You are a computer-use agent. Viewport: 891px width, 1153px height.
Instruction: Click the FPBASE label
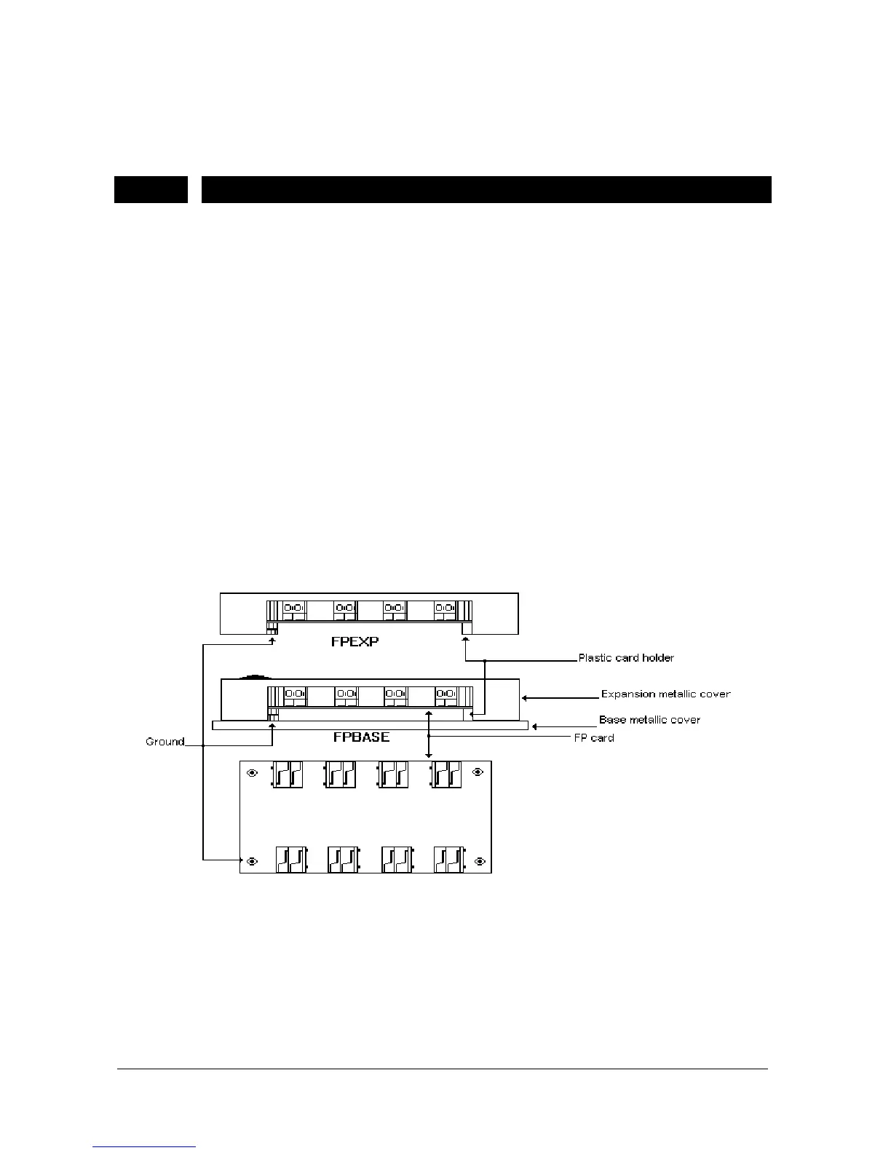(356, 737)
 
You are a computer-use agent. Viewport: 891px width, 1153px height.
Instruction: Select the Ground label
(165, 742)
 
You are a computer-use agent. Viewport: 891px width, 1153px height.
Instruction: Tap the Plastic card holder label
(626, 658)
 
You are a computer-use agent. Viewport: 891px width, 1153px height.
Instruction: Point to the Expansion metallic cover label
(665, 694)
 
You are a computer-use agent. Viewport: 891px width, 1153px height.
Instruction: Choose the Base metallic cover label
(649, 720)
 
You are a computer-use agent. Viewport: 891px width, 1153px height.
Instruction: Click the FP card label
(593, 738)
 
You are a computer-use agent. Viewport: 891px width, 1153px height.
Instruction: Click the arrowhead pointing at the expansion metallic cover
(524, 697)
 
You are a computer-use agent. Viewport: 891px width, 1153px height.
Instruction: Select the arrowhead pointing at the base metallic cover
(536, 726)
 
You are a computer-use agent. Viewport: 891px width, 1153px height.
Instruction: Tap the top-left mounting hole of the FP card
(252, 773)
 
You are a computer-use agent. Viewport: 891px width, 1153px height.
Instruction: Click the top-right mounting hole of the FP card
(478, 773)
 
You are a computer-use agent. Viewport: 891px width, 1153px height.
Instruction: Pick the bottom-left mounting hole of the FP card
(252, 861)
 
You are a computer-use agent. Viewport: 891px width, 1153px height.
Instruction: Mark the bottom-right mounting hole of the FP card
(479, 861)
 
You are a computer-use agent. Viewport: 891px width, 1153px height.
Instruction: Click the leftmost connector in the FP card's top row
(286, 774)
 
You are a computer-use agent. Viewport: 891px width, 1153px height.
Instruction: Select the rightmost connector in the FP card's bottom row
(448, 859)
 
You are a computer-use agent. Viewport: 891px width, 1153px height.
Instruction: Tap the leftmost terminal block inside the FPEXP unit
(294, 610)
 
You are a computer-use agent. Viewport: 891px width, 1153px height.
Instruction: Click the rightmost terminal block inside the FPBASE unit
(445, 697)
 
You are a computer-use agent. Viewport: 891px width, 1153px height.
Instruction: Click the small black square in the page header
(151, 189)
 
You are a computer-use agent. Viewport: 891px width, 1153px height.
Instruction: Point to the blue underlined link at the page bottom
(145, 1147)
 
